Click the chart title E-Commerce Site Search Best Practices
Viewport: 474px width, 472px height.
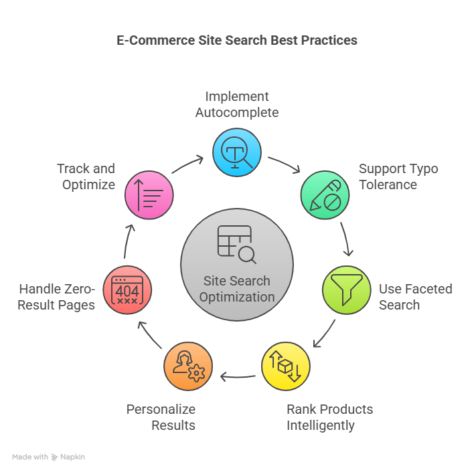tap(237, 40)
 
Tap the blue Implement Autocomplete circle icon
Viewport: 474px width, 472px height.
tap(237, 152)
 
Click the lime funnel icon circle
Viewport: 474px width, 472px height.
tap(346, 290)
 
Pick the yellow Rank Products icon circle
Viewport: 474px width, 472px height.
tap(285, 366)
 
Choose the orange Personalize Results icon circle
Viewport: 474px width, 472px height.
tap(188, 366)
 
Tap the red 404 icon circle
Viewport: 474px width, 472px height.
tap(127, 290)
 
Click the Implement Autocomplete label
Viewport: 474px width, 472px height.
tap(237, 104)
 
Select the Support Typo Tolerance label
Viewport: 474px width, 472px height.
tap(398, 176)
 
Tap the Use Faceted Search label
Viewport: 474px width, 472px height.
tap(415, 297)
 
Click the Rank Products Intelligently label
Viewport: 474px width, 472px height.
tap(329, 417)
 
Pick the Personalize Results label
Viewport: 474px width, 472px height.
tap(161, 417)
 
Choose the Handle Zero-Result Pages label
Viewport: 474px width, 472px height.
tap(57, 297)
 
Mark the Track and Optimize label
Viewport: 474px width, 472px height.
tap(86, 176)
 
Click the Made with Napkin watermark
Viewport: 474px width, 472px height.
tap(48, 457)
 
